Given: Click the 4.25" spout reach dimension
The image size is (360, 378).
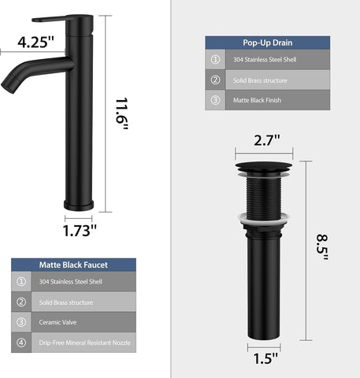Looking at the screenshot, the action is pos(35,42).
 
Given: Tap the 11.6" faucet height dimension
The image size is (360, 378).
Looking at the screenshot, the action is pos(121,113).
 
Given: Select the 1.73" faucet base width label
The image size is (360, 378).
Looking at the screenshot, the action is pos(80,231).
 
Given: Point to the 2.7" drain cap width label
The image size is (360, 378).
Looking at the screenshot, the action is pos(267,140).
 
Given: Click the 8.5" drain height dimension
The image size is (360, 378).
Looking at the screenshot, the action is pos(322,247).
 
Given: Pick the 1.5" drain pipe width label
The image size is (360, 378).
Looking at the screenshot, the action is pos(265,358).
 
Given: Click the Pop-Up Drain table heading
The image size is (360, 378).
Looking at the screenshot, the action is pos(268,43).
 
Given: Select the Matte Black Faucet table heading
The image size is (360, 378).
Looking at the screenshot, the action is pos(73,265).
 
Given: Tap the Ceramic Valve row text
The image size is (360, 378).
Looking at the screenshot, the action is pos(58,322).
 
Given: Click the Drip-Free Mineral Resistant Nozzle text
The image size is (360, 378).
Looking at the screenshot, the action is pos(84,343).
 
